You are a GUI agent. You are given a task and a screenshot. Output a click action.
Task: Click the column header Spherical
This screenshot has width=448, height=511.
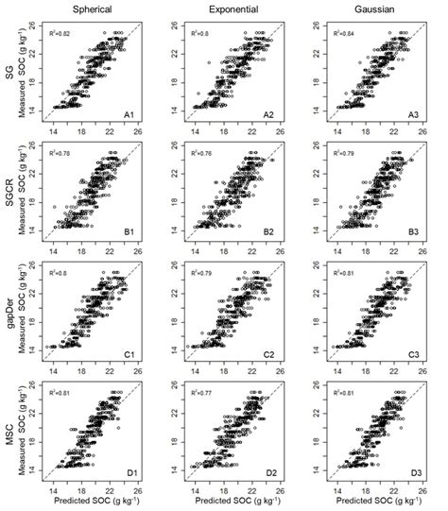[95, 9]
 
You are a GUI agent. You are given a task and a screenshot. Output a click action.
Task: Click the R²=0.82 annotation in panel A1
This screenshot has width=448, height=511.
[62, 33]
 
